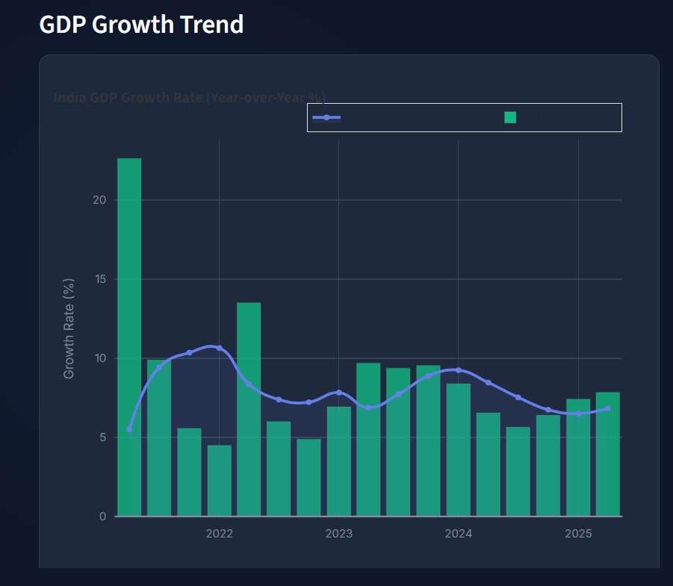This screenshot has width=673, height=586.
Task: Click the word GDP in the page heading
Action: (63, 25)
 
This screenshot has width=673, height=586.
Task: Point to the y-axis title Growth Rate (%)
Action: (69, 328)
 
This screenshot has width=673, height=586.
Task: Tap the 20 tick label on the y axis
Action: (99, 200)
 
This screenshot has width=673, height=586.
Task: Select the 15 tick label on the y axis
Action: (99, 279)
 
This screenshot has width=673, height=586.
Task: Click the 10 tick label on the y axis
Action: (99, 358)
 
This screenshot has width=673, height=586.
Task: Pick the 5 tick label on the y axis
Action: (102, 437)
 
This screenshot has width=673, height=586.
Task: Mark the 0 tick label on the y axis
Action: (102, 517)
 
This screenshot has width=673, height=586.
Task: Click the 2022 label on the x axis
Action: (219, 534)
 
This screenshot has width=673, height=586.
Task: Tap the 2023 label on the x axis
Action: (338, 534)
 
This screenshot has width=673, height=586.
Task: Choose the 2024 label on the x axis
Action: (458, 534)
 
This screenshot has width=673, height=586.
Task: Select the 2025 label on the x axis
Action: (578, 534)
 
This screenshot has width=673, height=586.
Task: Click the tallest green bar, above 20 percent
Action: (129, 336)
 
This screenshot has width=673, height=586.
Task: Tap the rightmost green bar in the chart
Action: (607, 454)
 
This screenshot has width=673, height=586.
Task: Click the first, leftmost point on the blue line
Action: (129, 429)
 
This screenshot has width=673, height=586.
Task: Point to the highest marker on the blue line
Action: (219, 348)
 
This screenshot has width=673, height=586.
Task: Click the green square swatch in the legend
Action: (510, 117)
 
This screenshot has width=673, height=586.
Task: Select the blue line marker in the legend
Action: (326, 117)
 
